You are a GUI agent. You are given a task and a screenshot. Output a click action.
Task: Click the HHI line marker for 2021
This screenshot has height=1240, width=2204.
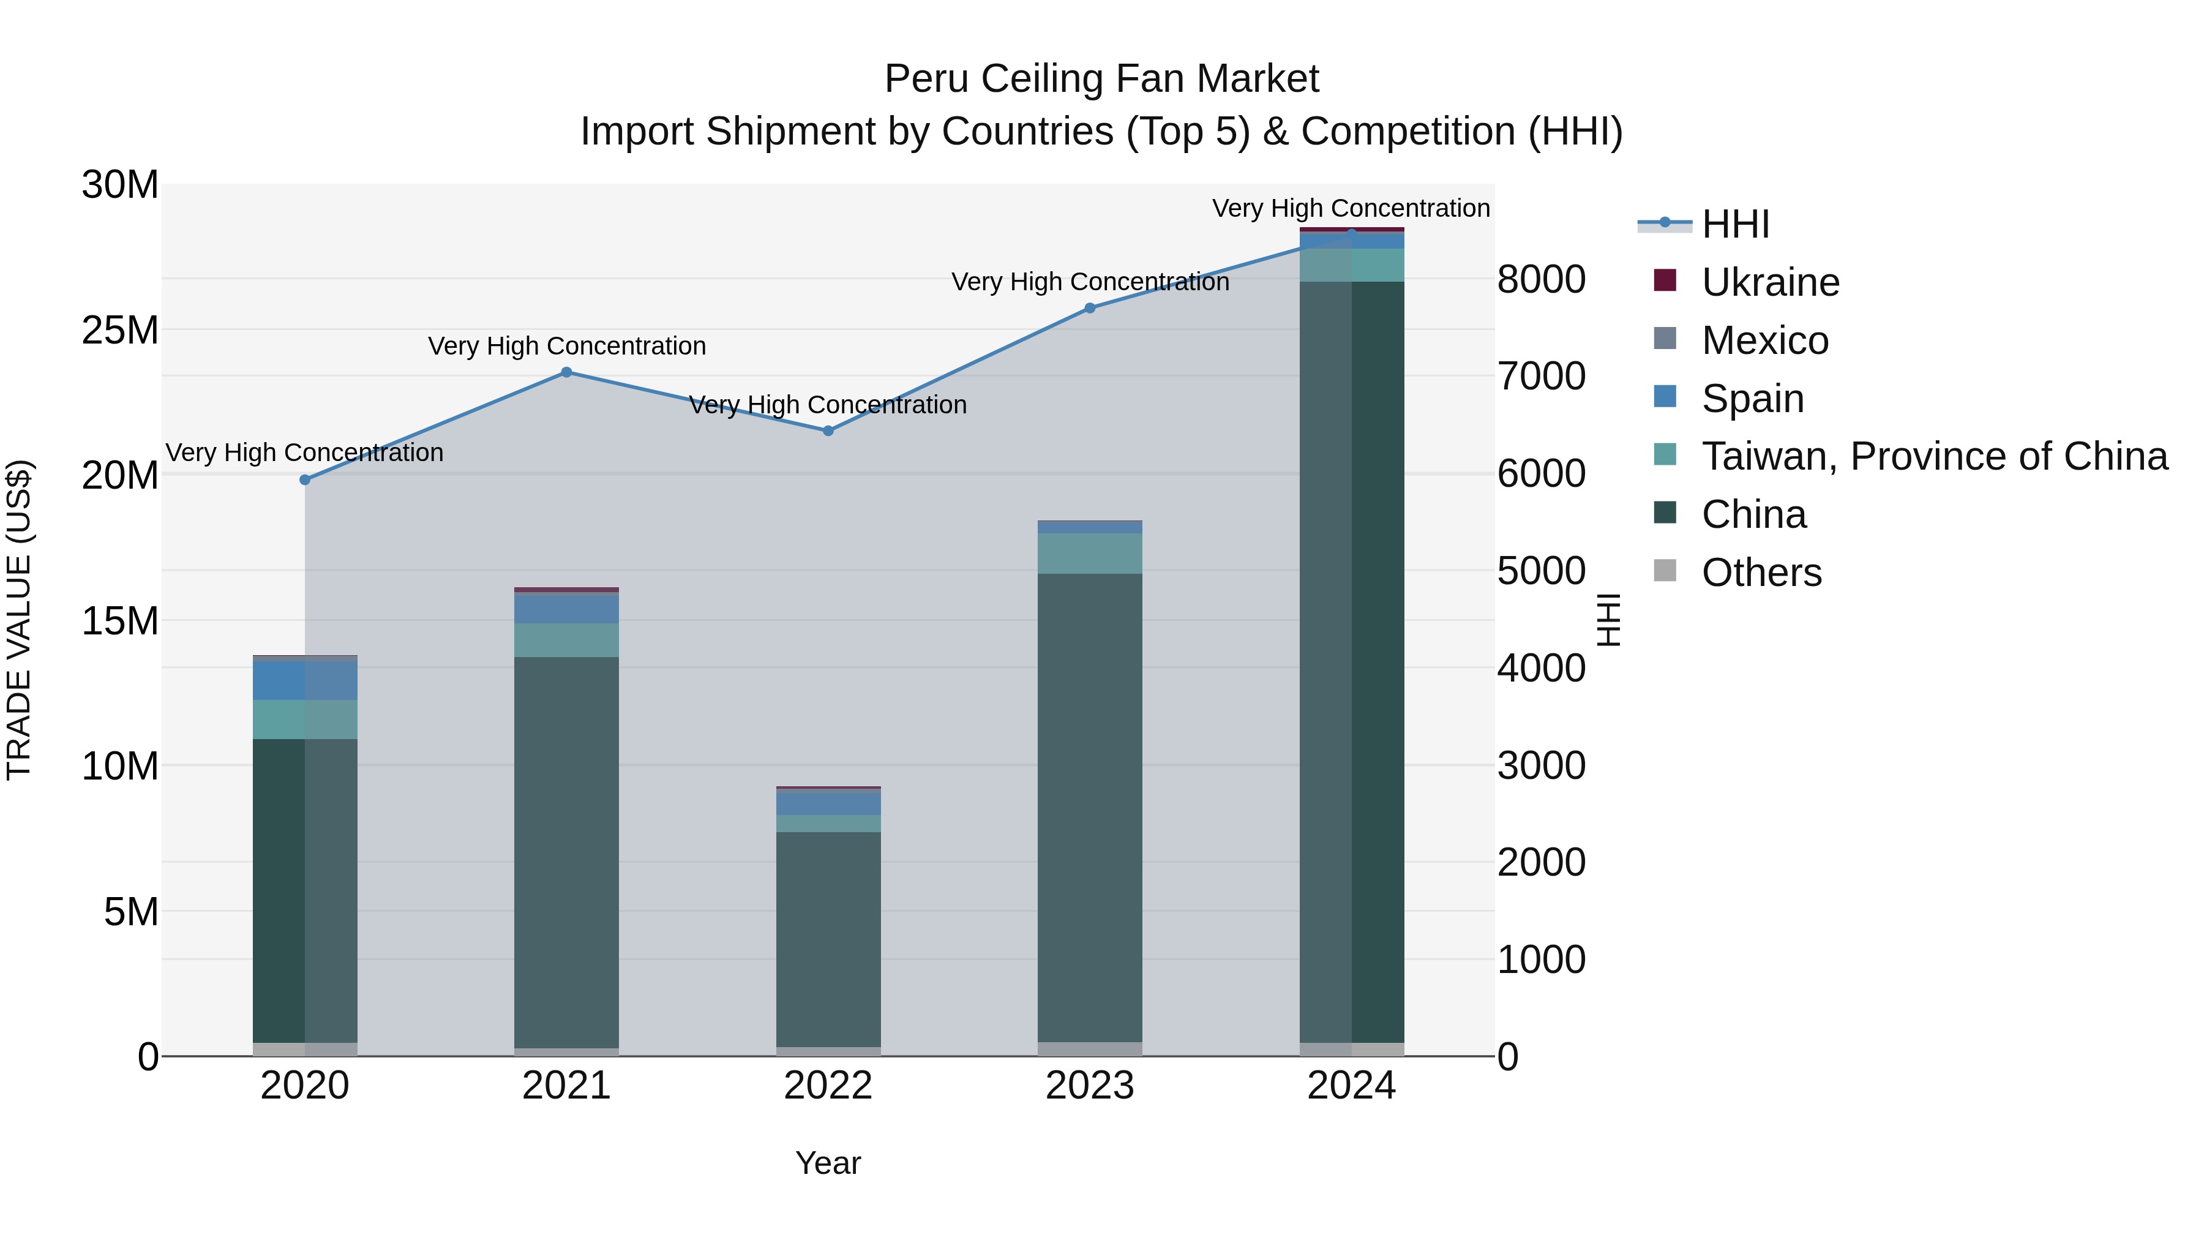566,372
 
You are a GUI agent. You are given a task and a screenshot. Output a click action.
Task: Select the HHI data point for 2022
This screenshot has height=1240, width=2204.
828,431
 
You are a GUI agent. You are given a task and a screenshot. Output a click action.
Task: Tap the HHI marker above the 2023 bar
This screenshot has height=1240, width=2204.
1090,308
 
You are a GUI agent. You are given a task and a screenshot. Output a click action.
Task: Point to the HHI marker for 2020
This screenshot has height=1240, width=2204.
305,480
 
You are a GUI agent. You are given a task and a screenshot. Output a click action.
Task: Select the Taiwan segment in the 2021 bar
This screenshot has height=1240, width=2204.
566,640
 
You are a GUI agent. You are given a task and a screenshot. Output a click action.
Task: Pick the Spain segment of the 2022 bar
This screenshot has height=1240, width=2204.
828,803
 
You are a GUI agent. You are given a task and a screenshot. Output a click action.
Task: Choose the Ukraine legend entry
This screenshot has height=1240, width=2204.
1769,282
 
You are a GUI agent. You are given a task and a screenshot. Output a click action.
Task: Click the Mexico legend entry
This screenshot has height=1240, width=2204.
1764,340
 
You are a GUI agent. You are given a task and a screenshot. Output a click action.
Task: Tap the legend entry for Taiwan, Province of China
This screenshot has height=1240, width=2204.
1933,456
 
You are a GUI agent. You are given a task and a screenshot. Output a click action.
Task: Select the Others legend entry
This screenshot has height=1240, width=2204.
1761,573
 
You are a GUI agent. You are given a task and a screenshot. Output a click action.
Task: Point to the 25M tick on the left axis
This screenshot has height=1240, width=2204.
121,330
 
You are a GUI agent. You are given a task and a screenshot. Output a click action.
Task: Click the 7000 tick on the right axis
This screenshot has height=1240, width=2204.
1541,377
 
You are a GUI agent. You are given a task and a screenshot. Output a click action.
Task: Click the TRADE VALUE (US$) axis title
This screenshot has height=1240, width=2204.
19,620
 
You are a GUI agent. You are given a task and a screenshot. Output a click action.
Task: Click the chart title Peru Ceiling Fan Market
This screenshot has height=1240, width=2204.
1101,79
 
